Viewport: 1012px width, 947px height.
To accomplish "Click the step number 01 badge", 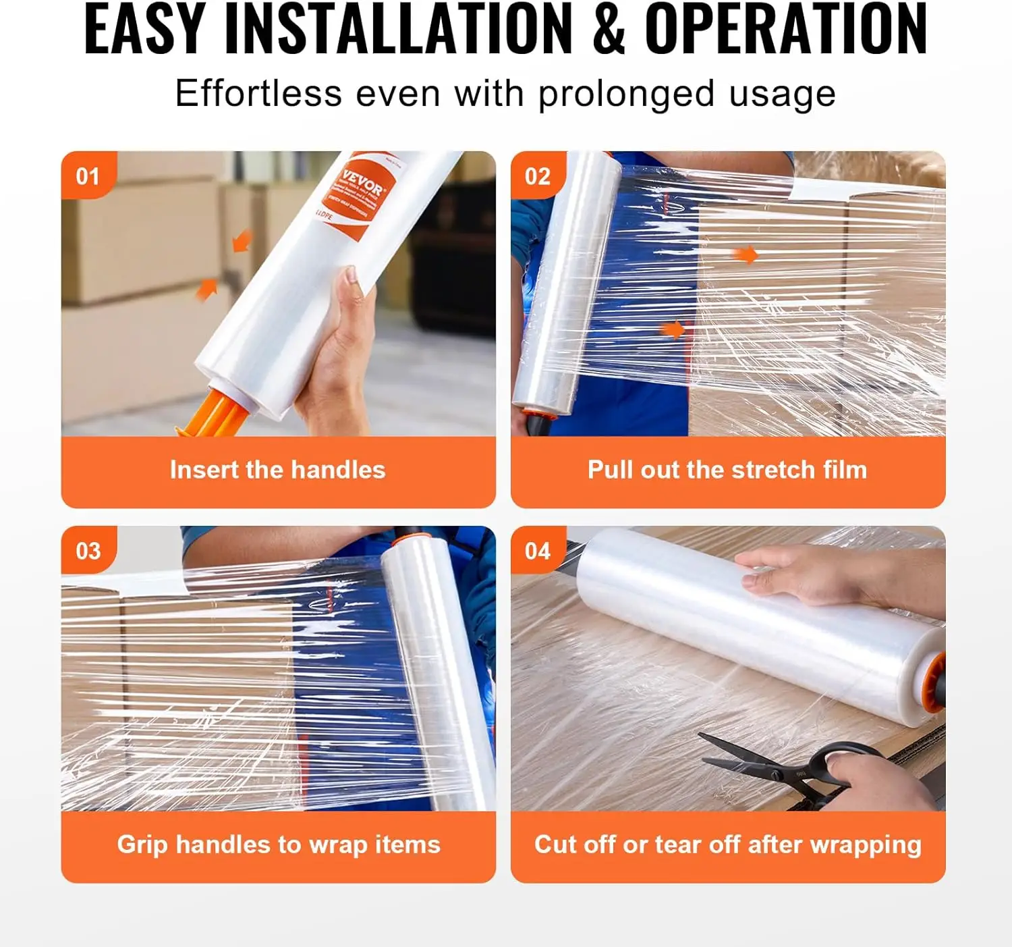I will click(x=88, y=176).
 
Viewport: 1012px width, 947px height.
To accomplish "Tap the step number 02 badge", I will click(x=538, y=176).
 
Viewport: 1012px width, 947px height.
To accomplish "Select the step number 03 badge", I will click(x=88, y=551).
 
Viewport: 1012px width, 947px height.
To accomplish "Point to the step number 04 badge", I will click(x=538, y=551).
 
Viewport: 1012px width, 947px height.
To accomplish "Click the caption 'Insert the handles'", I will click(x=277, y=470).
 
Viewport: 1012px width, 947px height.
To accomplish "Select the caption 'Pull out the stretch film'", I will click(x=727, y=470).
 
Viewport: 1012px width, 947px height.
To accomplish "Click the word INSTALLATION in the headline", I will click(x=398, y=30).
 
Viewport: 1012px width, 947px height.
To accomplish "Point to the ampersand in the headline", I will click(x=609, y=30).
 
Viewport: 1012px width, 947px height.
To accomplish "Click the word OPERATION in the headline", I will click(x=786, y=30).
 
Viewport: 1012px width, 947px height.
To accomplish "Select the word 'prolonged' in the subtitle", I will click(x=625, y=94).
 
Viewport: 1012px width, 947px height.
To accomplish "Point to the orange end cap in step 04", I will click(x=934, y=682).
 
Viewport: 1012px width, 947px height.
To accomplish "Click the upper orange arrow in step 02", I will click(x=746, y=254).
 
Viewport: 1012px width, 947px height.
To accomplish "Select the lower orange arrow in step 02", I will click(x=672, y=329).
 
